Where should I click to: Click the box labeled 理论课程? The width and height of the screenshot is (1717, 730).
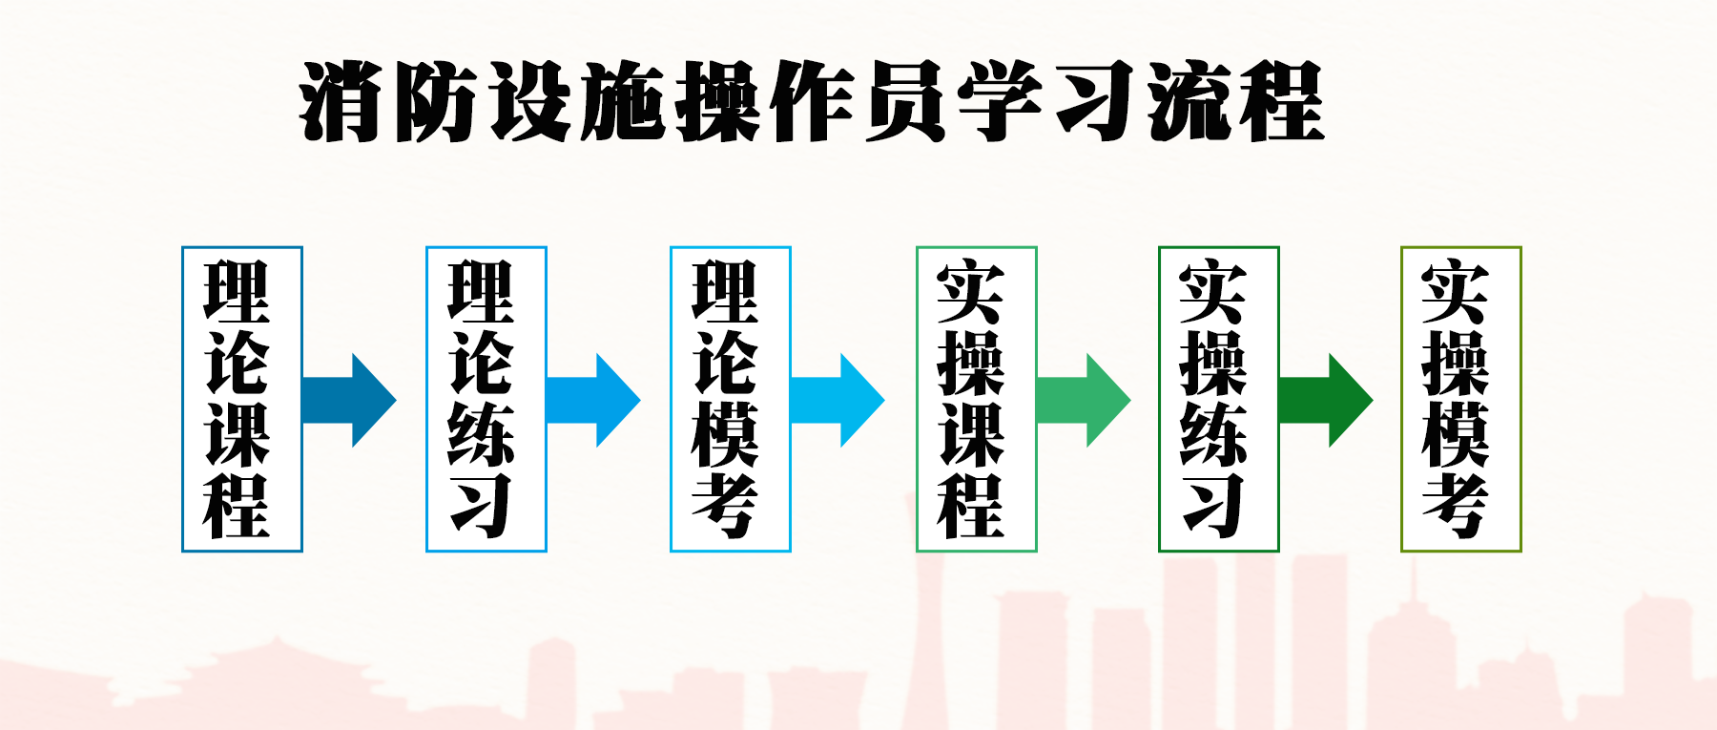pos(242,399)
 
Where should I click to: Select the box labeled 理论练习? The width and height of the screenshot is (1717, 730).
pos(486,399)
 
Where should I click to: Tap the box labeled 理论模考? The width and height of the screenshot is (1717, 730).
pos(731,399)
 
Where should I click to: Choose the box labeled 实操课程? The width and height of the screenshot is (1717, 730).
pos(976,399)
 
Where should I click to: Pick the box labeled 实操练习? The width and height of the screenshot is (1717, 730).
pos(1218,399)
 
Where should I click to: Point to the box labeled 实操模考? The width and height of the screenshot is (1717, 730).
pos(1460,399)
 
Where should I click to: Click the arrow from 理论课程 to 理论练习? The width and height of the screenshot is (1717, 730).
pos(349,400)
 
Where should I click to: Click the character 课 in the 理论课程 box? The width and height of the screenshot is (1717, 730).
pos(238,434)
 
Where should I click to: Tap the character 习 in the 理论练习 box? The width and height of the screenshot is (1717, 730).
pos(482,506)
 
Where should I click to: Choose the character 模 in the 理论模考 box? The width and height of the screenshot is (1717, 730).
pos(726,434)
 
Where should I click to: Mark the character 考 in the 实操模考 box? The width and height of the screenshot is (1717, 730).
pos(1456,506)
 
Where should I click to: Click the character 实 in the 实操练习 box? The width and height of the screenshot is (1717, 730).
pos(1213,291)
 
